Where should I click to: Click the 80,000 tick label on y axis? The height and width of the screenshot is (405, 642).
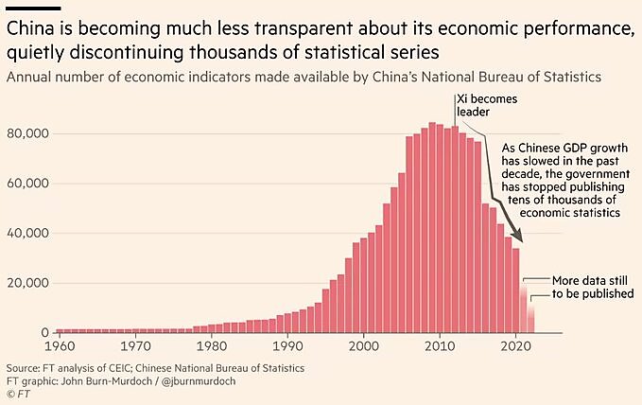pyautogui.click(x=26, y=133)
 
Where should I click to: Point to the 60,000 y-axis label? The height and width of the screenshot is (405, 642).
pyautogui.click(x=26, y=184)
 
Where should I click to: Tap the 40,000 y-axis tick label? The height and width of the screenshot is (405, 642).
pyautogui.click(x=26, y=233)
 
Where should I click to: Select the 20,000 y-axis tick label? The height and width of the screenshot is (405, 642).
pyautogui.click(x=26, y=283)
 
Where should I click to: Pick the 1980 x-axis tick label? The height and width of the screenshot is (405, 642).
pyautogui.click(x=211, y=345)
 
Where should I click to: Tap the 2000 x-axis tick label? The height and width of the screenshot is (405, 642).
pyautogui.click(x=364, y=345)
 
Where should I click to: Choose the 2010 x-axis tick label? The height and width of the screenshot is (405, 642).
pyautogui.click(x=440, y=345)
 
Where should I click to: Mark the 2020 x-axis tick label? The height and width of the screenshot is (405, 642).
pyautogui.click(x=515, y=345)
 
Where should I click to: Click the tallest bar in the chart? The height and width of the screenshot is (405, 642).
pyautogui.click(x=432, y=227)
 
